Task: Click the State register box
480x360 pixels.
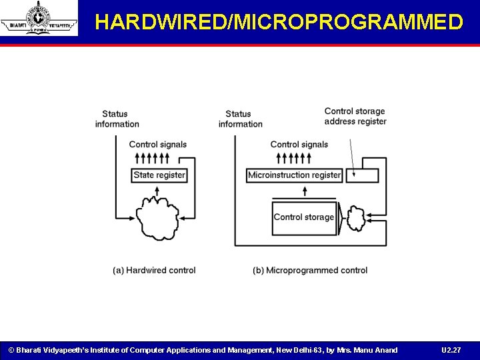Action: pos(159,175)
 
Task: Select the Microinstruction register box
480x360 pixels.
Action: pos(294,175)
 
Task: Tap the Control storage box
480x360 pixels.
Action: pos(303,217)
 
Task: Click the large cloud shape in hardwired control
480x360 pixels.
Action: pos(157,216)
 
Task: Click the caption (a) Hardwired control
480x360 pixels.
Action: pos(154,271)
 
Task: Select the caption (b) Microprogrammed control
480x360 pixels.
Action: pos(310,271)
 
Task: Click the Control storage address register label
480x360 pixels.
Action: pos(355,116)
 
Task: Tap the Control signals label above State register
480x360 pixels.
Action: pos(158,145)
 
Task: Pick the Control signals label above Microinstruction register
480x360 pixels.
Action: pos(299,145)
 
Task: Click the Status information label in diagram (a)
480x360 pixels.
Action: pos(117,119)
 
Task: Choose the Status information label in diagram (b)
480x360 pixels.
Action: pos(240,119)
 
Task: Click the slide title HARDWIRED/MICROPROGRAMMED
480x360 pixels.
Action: pos(279,22)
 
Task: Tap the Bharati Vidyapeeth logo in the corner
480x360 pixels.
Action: pos(39,18)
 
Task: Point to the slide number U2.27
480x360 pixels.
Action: pos(451,350)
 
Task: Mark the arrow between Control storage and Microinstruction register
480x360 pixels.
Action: pos(305,191)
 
